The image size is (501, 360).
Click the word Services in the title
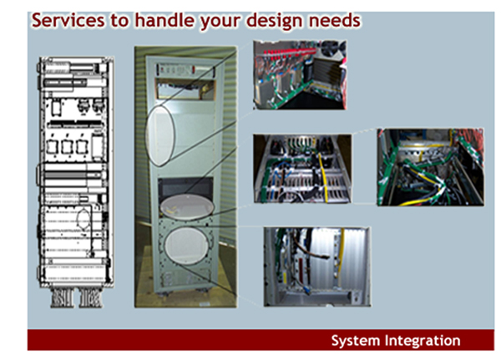(x=68, y=20)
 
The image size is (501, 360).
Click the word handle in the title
(x=164, y=20)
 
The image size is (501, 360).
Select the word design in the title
(x=275, y=21)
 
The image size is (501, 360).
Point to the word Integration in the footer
(x=423, y=341)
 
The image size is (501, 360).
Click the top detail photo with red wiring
(x=300, y=75)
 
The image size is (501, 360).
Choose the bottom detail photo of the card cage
(x=317, y=267)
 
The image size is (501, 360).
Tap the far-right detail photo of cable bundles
(x=430, y=167)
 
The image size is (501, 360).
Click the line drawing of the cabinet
(x=76, y=173)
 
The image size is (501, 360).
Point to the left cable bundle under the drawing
(x=62, y=298)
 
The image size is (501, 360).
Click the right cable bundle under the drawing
(x=91, y=298)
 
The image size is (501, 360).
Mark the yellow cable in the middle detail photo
(x=324, y=179)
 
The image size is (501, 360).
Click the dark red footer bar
(x=261, y=340)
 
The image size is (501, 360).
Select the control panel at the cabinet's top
(x=185, y=69)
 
